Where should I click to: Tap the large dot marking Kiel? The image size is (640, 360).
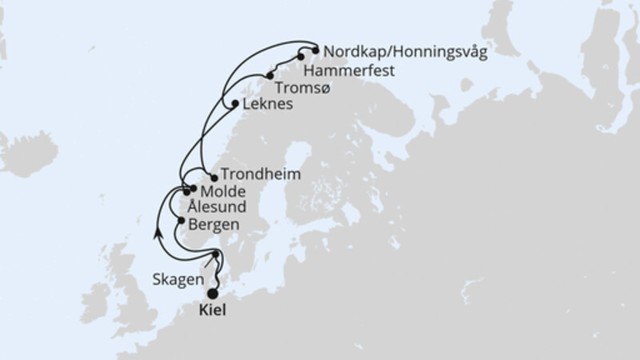(213, 294)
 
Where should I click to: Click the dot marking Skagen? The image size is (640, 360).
(216, 255)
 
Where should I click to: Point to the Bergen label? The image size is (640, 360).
(214, 224)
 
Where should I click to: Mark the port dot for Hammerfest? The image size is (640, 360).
(300, 57)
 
